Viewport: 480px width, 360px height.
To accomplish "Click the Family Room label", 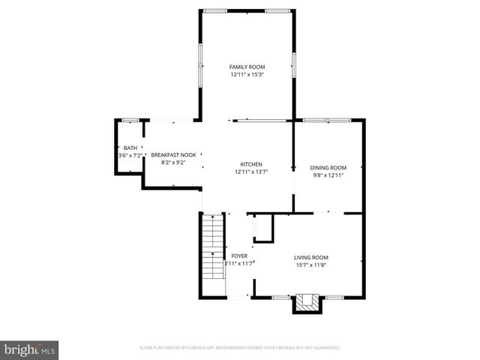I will point(247,67).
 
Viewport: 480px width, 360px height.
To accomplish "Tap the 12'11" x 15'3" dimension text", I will point(247,74).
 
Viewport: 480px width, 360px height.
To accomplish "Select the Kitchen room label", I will point(250,164).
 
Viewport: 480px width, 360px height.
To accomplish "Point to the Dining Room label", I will point(328,167).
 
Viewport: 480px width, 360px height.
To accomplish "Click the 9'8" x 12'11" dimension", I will point(328,175).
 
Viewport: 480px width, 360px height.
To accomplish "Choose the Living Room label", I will point(310,256).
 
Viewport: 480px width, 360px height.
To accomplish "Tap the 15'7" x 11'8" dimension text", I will point(310,264).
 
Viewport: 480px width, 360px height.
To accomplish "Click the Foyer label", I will point(239,256).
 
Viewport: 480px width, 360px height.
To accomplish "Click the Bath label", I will point(130,148).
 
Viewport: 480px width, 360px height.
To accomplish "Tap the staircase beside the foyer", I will point(213,247).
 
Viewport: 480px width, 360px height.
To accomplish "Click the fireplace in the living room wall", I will point(305,302).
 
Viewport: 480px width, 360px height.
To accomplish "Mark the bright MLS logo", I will point(30,349).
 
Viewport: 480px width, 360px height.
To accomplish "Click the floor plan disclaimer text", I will point(240,348).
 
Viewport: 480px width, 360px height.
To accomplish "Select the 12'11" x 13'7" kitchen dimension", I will point(250,172).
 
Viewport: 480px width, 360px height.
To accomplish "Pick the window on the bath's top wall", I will point(130,120).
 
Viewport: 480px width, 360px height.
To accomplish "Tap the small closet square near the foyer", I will point(263,227).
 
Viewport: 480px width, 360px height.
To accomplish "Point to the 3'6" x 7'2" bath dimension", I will point(130,155).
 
